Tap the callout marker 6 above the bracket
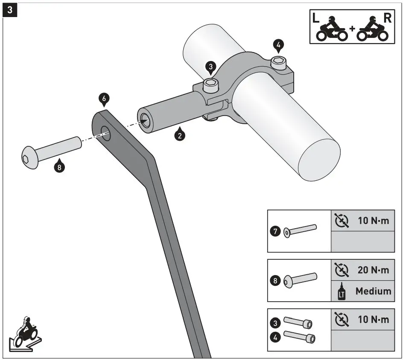pos(103,99)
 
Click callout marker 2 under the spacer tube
pos(180,136)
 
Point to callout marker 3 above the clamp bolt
pos(210,67)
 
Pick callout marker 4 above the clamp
pos(279,44)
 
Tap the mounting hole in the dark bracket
pos(105,133)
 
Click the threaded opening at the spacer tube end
pos(145,121)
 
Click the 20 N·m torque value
pos(373,270)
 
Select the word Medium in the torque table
pos(373,291)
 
